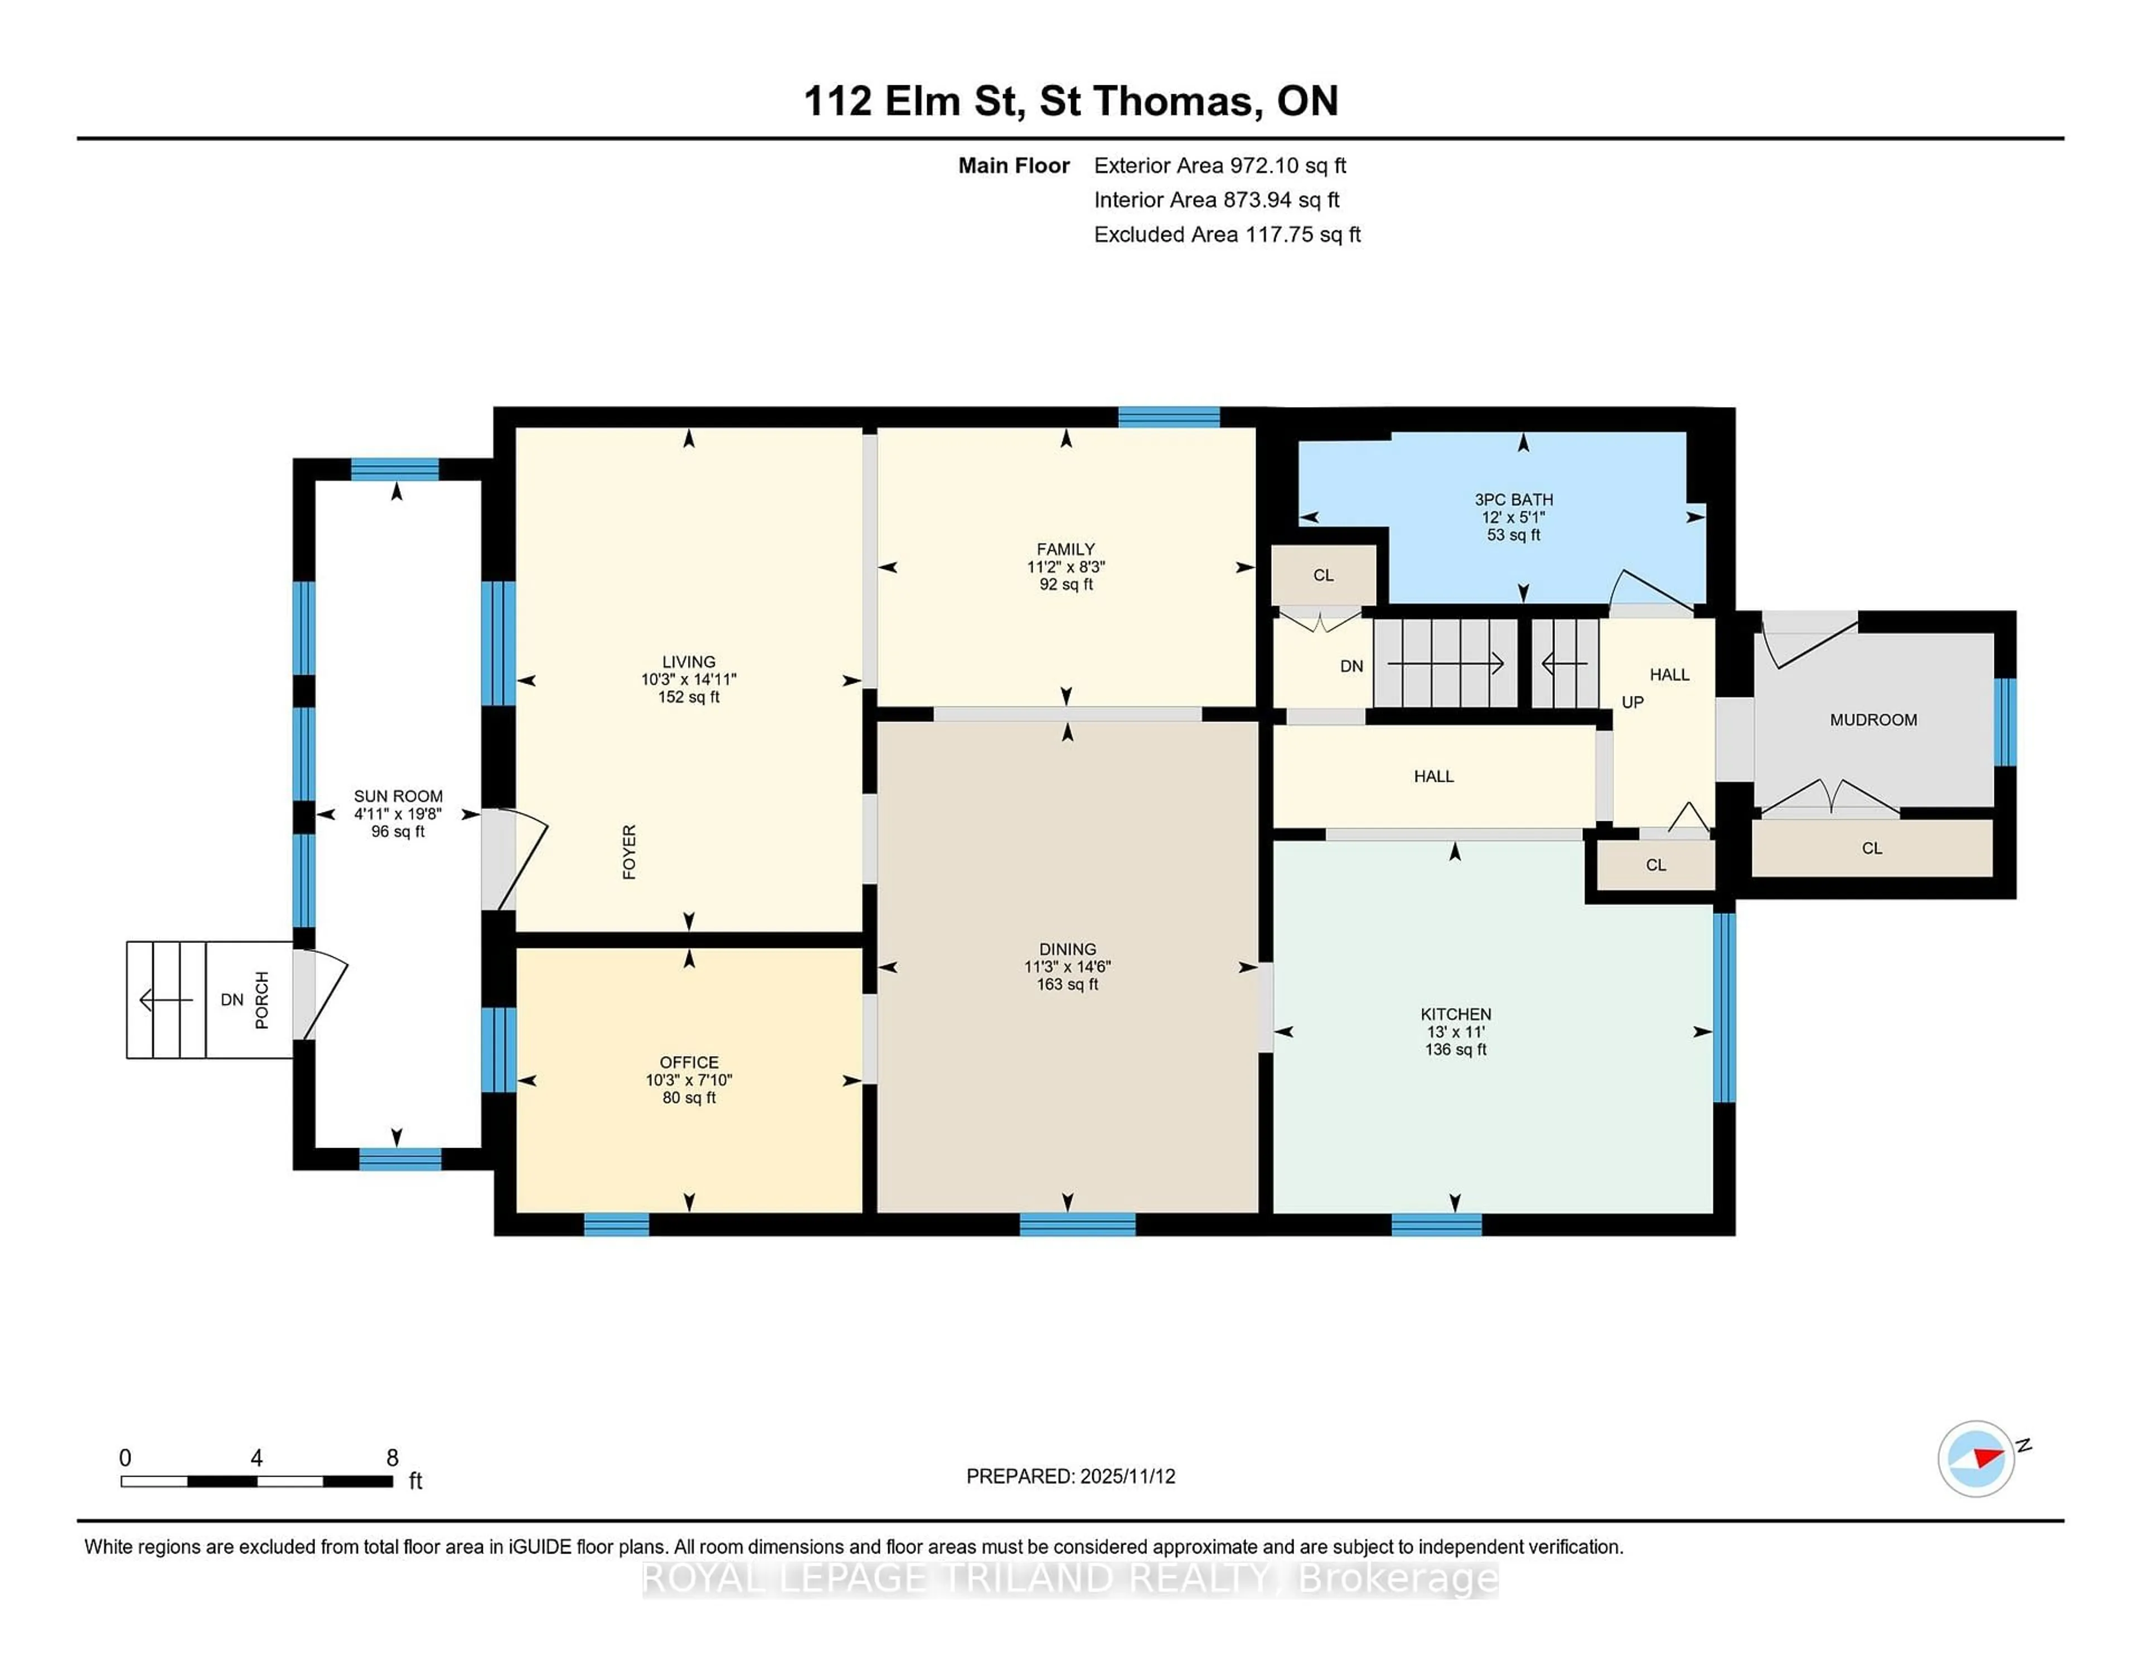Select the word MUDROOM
point(1872,720)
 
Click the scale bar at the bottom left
point(257,1480)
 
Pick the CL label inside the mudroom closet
point(1871,848)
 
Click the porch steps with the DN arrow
point(167,1000)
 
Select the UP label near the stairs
point(1632,702)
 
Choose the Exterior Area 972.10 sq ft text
point(1219,166)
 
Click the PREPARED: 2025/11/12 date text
point(1070,1475)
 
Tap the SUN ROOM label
point(398,796)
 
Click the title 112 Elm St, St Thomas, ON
point(1070,101)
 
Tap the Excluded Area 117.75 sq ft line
point(1227,234)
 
